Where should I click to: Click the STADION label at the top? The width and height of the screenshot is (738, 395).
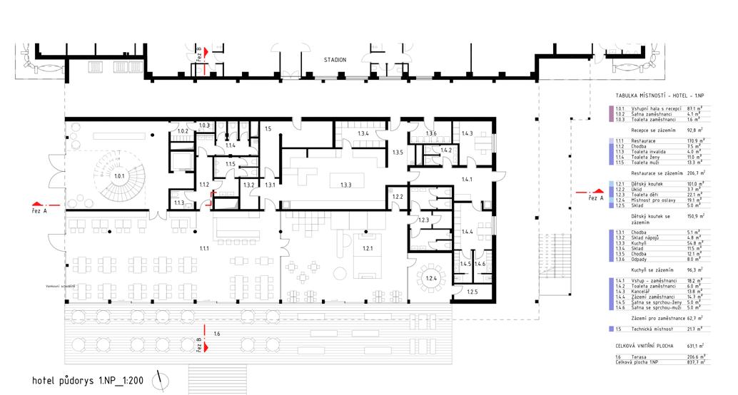click(x=335, y=60)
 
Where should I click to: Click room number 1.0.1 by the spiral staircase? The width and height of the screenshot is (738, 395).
click(x=118, y=175)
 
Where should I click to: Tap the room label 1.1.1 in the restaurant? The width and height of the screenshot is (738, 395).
click(x=204, y=248)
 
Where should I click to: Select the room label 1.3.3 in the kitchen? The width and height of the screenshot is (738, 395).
click(x=346, y=185)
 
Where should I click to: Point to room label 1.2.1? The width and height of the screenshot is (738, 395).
click(x=368, y=249)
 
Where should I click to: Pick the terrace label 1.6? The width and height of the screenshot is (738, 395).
click(x=217, y=333)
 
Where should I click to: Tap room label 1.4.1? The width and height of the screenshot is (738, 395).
click(x=468, y=180)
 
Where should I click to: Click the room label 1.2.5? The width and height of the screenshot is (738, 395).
click(x=472, y=292)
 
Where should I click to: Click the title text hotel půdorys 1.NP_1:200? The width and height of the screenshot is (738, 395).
click(x=88, y=381)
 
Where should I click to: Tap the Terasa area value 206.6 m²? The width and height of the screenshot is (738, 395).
click(x=695, y=356)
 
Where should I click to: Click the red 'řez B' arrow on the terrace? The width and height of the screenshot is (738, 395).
click(x=204, y=347)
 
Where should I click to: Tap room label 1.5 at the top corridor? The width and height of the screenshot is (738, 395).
click(x=268, y=129)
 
